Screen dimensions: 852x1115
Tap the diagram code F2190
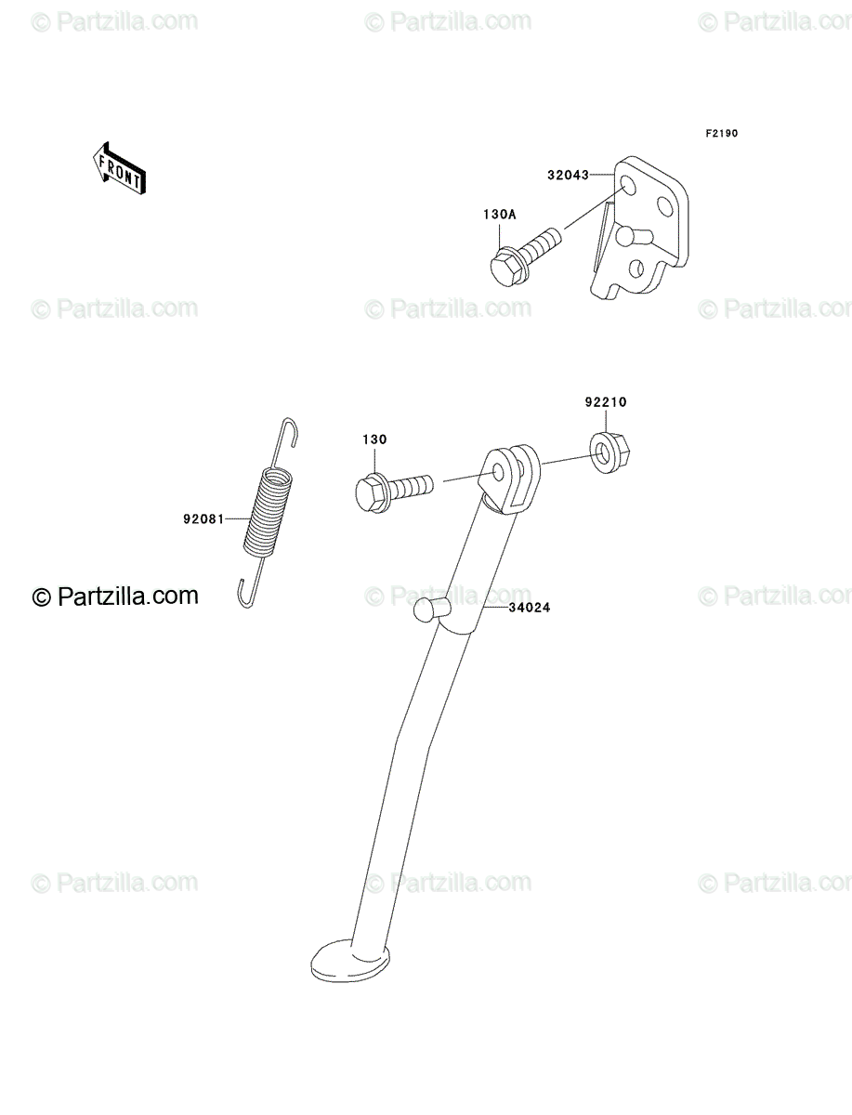pos(721,134)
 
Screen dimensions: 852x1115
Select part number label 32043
pos(568,176)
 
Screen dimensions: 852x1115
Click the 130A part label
pos(499,215)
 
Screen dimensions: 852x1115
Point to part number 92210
pos(606,402)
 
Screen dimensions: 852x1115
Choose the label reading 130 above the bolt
pos(374,439)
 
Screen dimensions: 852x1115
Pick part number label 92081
pos(203,519)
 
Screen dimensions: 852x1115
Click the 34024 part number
pos(530,608)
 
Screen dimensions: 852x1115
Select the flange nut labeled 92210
pos(610,453)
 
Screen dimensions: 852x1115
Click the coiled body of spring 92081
pos(268,513)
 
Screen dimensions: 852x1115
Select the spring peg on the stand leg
pos(430,610)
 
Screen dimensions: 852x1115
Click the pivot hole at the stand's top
pos(499,474)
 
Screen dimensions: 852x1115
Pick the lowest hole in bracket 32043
pos(636,269)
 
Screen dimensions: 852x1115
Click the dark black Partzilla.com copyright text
pos(115,596)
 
